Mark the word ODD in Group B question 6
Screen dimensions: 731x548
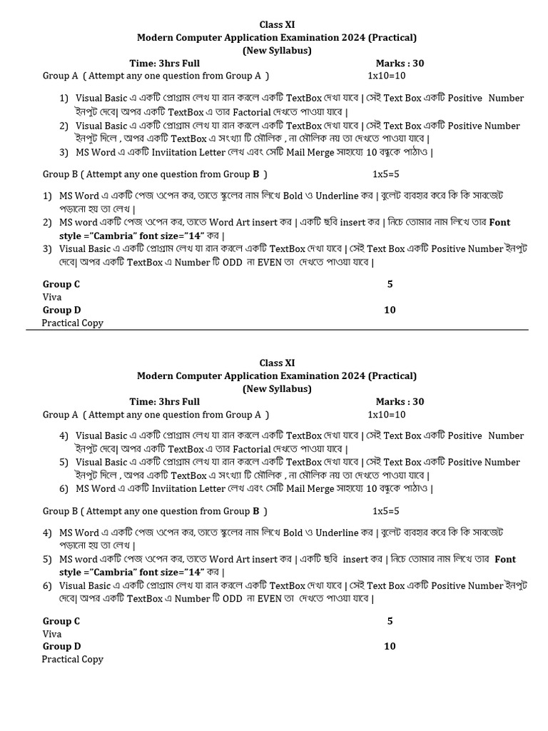[232, 599]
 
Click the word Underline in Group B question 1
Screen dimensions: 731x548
[337, 196]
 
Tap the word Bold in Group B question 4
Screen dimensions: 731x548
[293, 533]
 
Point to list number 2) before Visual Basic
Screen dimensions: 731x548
[64, 126]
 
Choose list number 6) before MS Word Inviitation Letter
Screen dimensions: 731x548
[64, 489]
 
